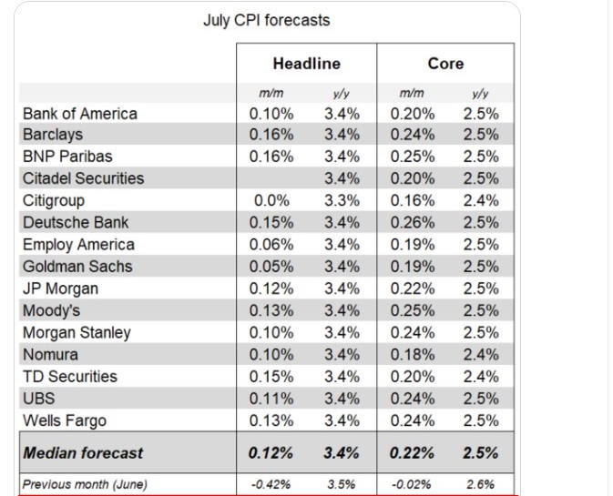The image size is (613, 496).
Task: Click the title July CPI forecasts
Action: pyautogui.click(x=267, y=20)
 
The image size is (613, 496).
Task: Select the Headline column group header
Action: pyautogui.click(x=307, y=64)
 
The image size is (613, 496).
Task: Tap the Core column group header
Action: pyautogui.click(x=445, y=64)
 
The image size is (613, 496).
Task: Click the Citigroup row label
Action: pyautogui.click(x=54, y=201)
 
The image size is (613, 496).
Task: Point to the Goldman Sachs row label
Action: pyautogui.click(x=77, y=267)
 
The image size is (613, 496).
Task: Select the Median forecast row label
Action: pyautogui.click(x=83, y=453)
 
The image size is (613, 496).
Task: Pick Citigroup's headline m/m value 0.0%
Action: pyautogui.click(x=271, y=200)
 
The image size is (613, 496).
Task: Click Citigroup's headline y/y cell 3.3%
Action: pyautogui.click(x=342, y=200)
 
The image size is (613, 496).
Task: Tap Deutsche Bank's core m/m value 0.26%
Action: pyautogui.click(x=413, y=223)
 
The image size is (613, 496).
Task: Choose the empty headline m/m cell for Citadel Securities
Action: pyautogui.click(x=271, y=178)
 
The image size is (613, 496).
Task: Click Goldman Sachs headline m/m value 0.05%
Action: pyautogui.click(x=271, y=267)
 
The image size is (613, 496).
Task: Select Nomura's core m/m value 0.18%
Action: pyautogui.click(x=413, y=355)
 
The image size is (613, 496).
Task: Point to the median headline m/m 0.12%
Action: pyautogui.click(x=271, y=453)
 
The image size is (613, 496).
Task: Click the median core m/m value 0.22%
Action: pyautogui.click(x=412, y=453)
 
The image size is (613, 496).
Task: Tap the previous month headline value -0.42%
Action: pyautogui.click(x=271, y=485)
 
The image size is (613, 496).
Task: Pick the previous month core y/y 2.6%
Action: pyautogui.click(x=480, y=485)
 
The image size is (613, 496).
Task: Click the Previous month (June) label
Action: pyautogui.click(x=85, y=485)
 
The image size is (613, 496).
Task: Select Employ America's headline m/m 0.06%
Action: pyautogui.click(x=271, y=245)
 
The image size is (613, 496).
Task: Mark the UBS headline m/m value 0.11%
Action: pyautogui.click(x=271, y=399)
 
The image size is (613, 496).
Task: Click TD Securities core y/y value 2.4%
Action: pyautogui.click(x=481, y=377)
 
